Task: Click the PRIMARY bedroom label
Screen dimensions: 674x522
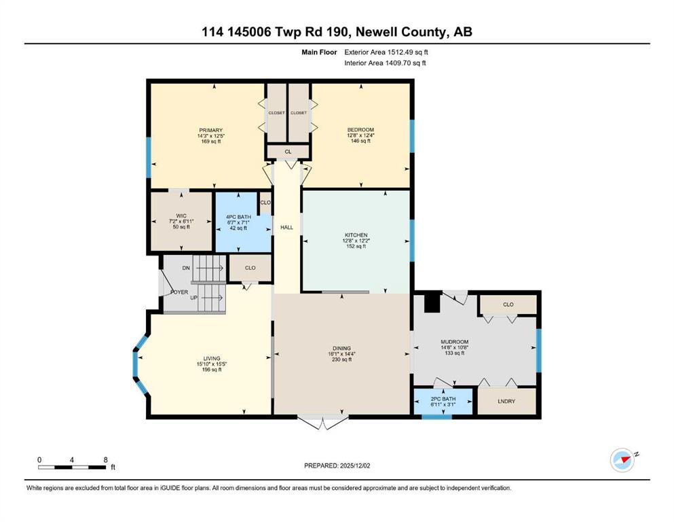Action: pos(210,130)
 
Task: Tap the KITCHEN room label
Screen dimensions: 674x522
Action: pos(356,235)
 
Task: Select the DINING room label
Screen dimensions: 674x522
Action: pos(341,348)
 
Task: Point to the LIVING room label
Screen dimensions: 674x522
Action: pos(212,358)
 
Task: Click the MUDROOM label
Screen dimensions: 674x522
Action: pos(454,342)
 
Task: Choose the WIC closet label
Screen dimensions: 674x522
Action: pos(181,215)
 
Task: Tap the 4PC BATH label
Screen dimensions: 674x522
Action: pos(238,217)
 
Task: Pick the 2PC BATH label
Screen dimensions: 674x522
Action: pos(443,399)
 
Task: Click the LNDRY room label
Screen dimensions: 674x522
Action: pos(506,401)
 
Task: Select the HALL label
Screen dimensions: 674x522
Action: pos(286,227)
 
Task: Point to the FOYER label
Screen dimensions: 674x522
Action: pos(179,292)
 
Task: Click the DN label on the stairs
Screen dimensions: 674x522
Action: pos(186,268)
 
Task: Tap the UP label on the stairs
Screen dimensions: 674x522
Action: pos(194,298)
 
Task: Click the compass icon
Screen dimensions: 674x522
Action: pos(622,460)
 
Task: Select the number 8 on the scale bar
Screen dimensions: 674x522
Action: pos(105,459)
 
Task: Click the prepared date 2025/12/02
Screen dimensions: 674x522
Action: pos(354,466)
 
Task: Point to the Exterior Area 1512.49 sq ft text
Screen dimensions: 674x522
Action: pos(386,52)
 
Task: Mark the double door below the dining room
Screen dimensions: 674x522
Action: pos(323,421)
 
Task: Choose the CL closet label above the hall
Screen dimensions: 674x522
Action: pos(288,152)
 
